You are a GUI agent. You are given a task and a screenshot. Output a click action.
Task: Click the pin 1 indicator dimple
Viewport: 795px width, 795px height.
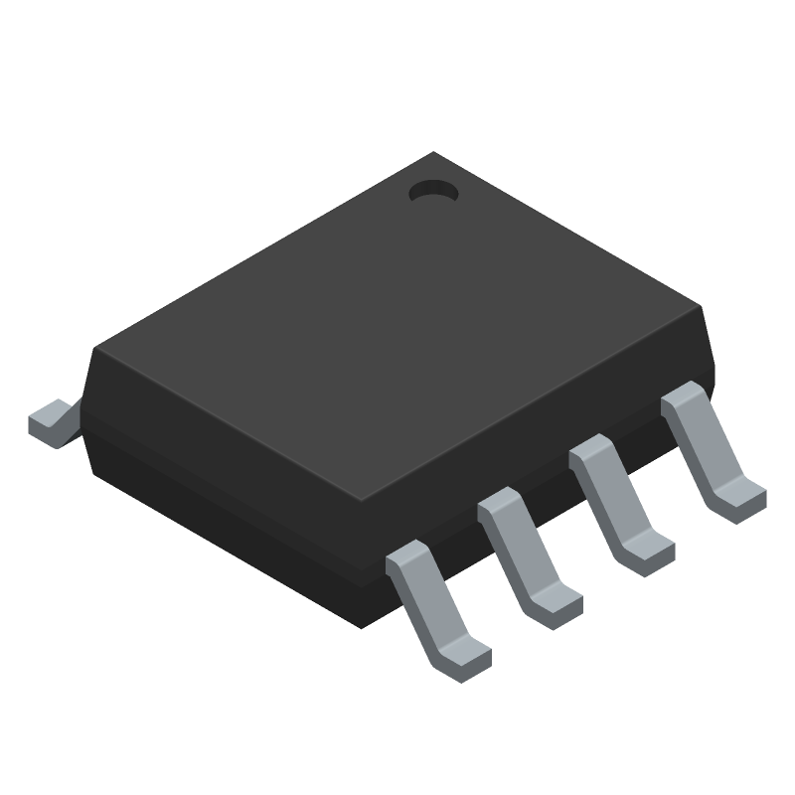pos(433,192)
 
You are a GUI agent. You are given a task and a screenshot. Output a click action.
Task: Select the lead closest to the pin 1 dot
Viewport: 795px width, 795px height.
pos(709,447)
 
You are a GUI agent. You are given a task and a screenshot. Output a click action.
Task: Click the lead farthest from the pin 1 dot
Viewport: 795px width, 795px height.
pos(434,606)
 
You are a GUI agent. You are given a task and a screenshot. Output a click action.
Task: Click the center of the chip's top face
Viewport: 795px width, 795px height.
pos(397,328)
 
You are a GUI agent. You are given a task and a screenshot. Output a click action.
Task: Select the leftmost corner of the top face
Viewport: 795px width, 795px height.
pos(93,349)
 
